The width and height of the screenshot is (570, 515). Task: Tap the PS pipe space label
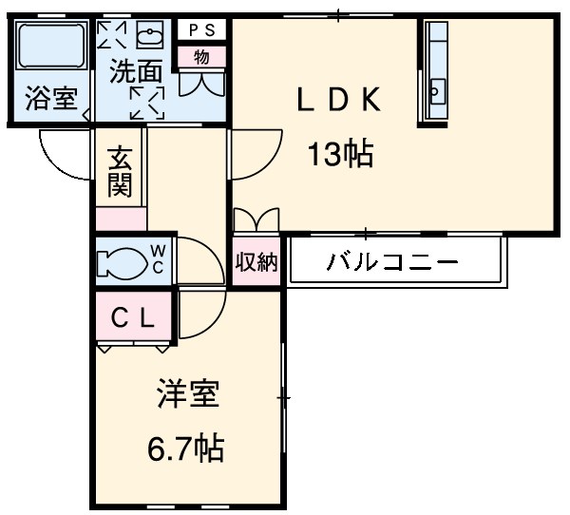tap(202, 29)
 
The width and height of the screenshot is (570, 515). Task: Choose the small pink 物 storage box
tap(202, 56)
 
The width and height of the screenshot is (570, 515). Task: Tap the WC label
tap(159, 258)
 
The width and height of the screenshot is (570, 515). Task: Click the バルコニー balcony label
tap(392, 261)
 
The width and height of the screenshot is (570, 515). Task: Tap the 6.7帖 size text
tap(188, 447)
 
